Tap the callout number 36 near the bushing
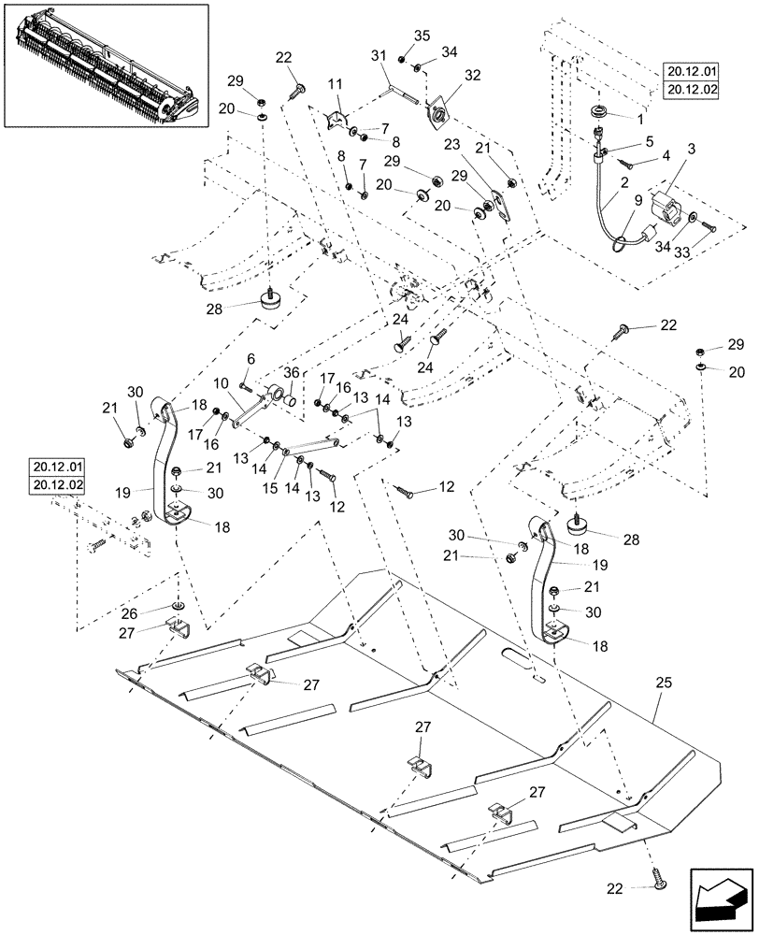[291, 371]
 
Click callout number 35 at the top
[422, 36]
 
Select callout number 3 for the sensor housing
[692, 148]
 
